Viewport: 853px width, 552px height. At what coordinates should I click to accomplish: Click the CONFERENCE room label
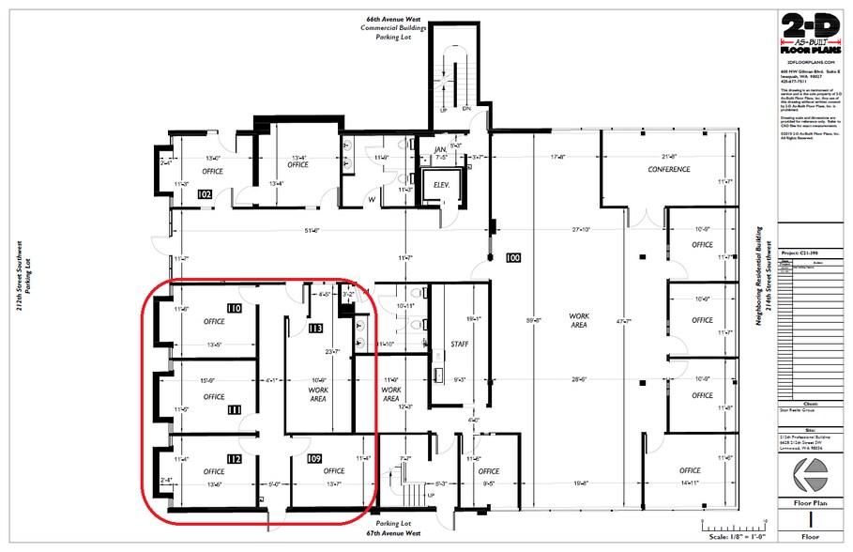(669, 170)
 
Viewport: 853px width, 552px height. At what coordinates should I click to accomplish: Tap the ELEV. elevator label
(442, 185)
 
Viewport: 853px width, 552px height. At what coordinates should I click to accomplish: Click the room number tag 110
(235, 308)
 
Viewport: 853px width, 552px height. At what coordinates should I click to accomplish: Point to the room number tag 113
(314, 330)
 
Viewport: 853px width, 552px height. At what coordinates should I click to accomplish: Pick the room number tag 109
(314, 458)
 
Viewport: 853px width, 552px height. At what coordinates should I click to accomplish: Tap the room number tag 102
(206, 194)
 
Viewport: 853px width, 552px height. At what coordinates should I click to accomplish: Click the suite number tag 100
(512, 257)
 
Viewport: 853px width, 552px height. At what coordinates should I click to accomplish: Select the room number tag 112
(235, 458)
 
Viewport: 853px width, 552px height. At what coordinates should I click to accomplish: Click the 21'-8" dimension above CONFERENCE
(669, 157)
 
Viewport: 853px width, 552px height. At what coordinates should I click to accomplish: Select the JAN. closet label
(439, 150)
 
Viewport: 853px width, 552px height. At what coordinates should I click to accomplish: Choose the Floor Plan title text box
(815, 502)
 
